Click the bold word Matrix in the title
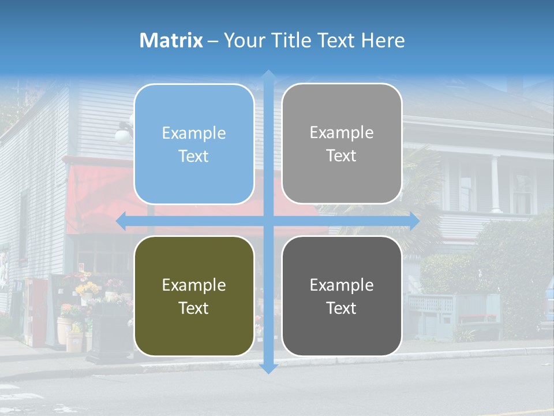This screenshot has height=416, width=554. [171, 40]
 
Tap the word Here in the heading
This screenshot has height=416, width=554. [383, 40]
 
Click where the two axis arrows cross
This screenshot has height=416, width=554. [268, 221]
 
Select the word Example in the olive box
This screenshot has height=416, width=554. [194, 285]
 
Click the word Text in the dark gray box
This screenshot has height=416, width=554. [342, 308]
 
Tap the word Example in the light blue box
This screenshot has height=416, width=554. [194, 133]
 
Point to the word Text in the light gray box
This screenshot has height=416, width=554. [342, 155]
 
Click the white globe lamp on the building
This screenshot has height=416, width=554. [122, 136]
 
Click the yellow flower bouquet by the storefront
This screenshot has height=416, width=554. [87, 288]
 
